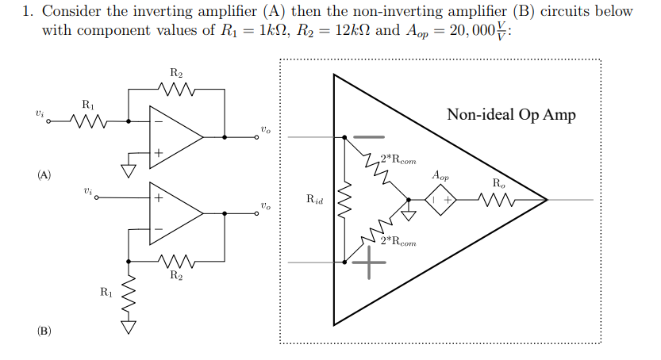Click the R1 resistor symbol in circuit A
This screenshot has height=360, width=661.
[x=87, y=122]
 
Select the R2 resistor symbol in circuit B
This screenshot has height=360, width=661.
[x=176, y=259]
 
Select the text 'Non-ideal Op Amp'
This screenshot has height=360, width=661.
[x=511, y=114]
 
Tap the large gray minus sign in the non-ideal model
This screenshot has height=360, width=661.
[x=368, y=136]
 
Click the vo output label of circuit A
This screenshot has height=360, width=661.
[x=265, y=128]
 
